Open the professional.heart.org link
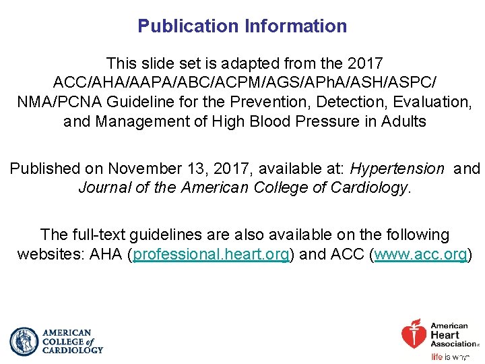coord(212,255)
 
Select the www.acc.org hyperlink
coord(421,255)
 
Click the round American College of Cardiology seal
coord(24,342)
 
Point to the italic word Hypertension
coord(397,169)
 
